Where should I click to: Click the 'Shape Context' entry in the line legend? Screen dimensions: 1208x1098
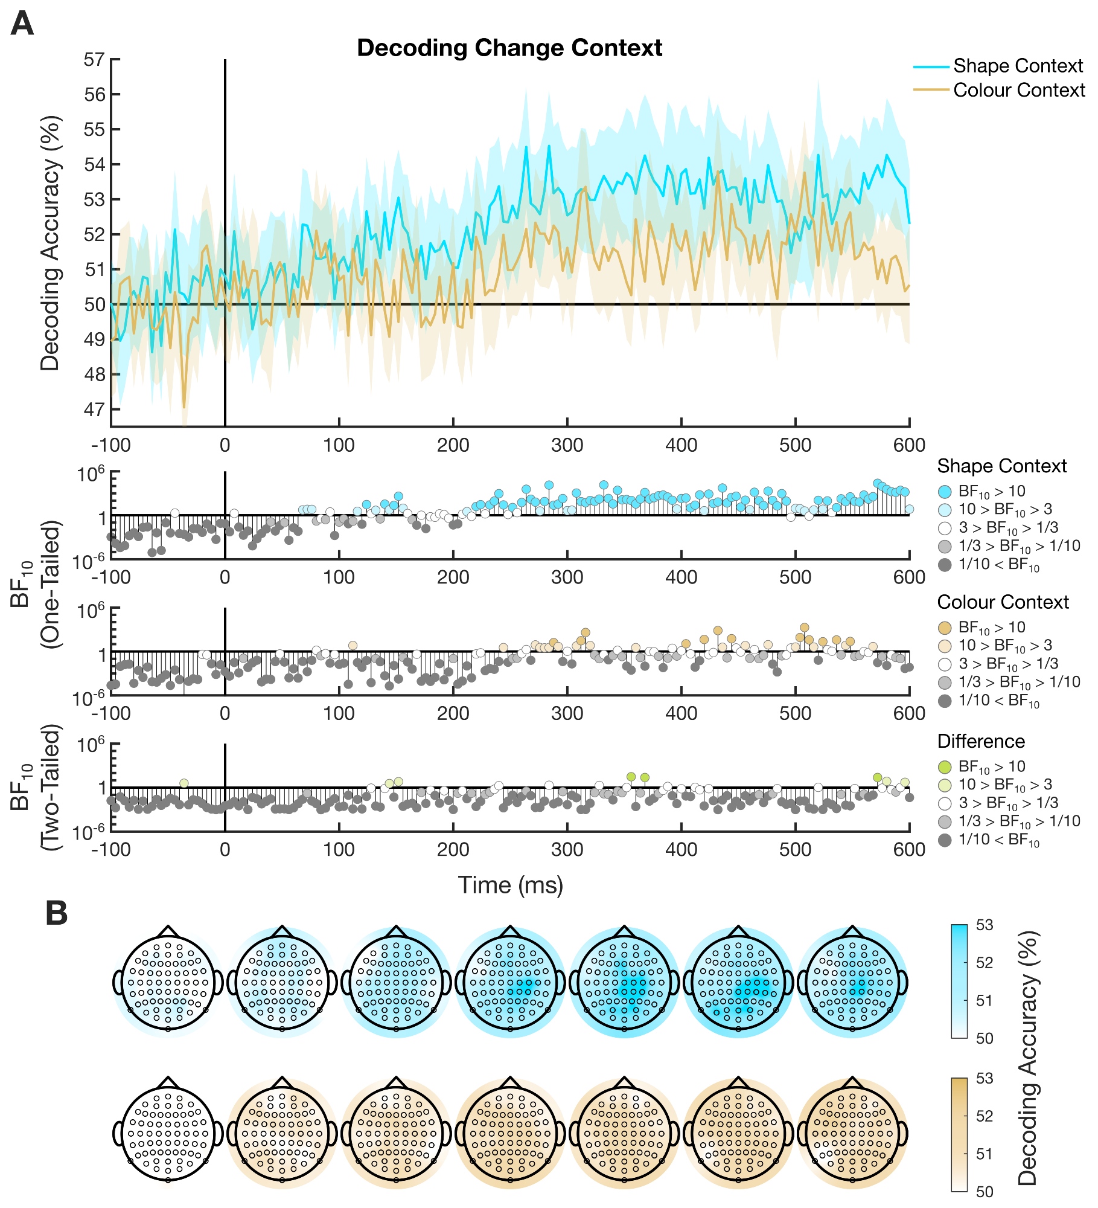click(1018, 66)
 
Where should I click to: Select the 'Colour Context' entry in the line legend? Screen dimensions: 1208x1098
click(1018, 90)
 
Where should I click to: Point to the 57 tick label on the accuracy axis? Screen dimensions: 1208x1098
click(94, 60)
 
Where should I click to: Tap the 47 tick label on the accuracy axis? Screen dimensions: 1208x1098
click(94, 410)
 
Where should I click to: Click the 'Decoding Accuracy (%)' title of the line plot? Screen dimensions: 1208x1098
click(51, 243)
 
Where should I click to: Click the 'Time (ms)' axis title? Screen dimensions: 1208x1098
click(510, 885)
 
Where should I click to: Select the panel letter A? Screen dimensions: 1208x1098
click(22, 24)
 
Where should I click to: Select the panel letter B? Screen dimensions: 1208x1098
click(57, 914)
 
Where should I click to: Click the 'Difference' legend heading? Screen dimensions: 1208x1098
click(981, 741)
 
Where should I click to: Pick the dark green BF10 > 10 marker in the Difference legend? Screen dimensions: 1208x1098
click(945, 767)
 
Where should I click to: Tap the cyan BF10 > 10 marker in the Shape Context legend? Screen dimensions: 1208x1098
click(945, 492)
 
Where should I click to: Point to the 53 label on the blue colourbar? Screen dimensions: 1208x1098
click(985, 925)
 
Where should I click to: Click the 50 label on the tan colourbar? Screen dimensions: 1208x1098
click(985, 1192)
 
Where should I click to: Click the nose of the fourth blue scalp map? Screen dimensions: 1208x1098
click(511, 930)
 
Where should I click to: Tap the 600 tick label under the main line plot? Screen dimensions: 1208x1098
click(909, 446)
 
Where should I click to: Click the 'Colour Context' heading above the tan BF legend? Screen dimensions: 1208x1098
click(1003, 602)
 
